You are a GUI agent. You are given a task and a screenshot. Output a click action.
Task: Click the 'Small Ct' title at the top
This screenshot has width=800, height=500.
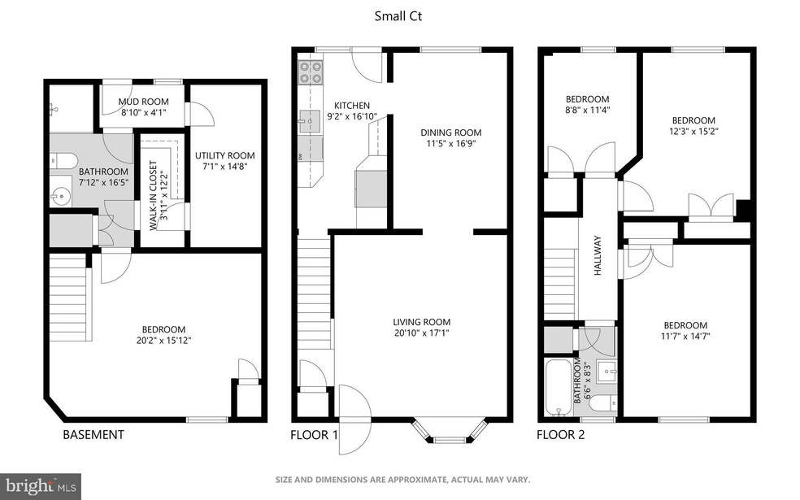[399, 15]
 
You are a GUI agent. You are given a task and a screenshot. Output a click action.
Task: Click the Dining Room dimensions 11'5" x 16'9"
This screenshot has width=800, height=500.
[450, 145]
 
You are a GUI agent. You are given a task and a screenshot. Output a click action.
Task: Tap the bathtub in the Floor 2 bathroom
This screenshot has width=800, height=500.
[559, 387]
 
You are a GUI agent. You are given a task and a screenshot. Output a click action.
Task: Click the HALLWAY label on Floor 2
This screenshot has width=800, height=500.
[598, 255]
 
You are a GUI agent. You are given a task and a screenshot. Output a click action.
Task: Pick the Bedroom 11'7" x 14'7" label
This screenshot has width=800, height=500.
[684, 325]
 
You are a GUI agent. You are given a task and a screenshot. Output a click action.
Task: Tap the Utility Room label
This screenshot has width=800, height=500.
[224, 155]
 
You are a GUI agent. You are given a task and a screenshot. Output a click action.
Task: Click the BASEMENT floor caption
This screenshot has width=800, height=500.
[93, 435]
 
